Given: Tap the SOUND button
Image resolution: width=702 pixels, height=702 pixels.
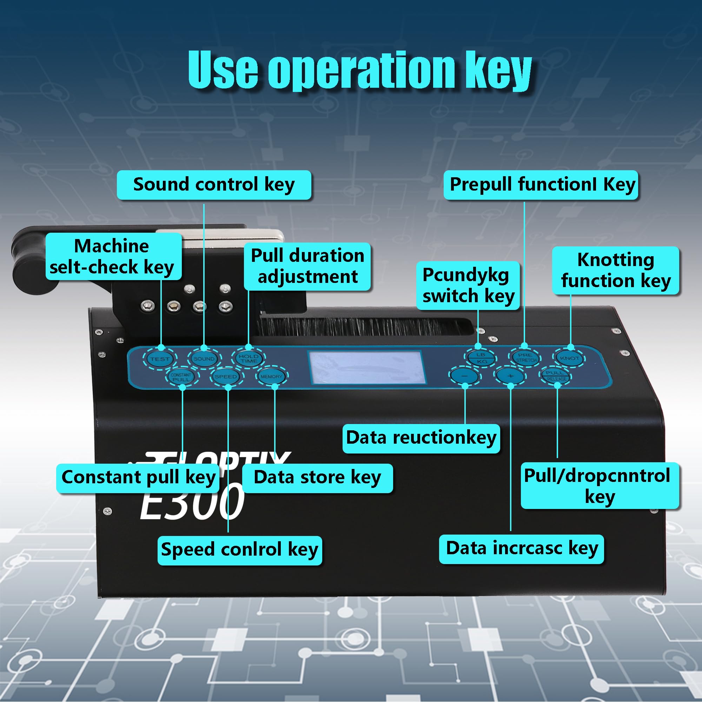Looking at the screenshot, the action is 204,358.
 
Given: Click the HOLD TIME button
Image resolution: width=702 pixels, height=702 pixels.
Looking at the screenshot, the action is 249,358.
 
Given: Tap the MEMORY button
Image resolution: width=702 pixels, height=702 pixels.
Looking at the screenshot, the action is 271,377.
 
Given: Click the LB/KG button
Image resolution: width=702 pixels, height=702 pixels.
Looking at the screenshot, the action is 481,358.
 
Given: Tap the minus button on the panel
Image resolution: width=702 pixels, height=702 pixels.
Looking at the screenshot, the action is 465,376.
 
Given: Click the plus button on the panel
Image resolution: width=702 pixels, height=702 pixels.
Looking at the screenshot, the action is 510,376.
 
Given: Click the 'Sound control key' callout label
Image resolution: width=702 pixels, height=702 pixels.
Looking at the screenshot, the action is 214,185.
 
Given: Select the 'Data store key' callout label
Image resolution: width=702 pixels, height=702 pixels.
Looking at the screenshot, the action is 317,477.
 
